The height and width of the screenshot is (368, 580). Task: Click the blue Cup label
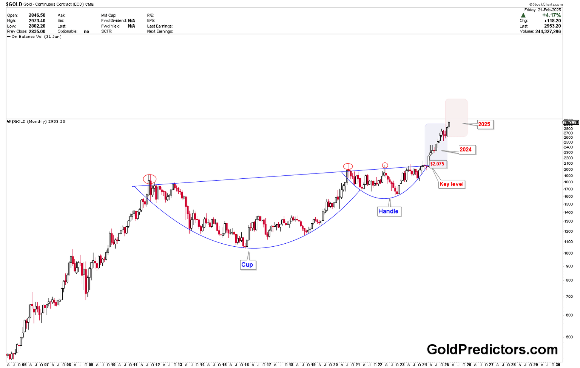247,264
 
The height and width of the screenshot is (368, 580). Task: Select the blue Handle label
388,211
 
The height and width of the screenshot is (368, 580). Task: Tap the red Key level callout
451,184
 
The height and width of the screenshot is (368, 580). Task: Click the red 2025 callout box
484,124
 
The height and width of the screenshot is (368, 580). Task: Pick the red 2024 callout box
466,150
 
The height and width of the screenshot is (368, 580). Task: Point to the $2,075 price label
437,164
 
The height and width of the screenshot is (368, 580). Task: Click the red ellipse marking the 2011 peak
150,179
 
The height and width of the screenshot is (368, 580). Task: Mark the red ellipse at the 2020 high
348,166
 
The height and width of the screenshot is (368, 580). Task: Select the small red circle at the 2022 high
385,165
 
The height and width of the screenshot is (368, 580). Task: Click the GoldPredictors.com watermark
492,349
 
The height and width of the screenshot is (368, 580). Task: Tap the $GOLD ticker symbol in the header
14,4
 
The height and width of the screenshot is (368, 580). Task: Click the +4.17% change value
551,15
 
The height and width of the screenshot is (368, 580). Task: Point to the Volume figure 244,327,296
548,31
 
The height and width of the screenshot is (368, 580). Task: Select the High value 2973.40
37,21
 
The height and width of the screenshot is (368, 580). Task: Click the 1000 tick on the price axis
568,253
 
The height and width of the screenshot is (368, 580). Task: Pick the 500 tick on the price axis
568,337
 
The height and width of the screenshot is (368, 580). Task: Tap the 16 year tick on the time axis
247,365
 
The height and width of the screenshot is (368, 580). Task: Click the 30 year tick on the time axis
558,365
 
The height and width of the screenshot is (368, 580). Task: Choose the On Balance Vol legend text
36,37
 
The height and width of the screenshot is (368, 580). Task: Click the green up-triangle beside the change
523,15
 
